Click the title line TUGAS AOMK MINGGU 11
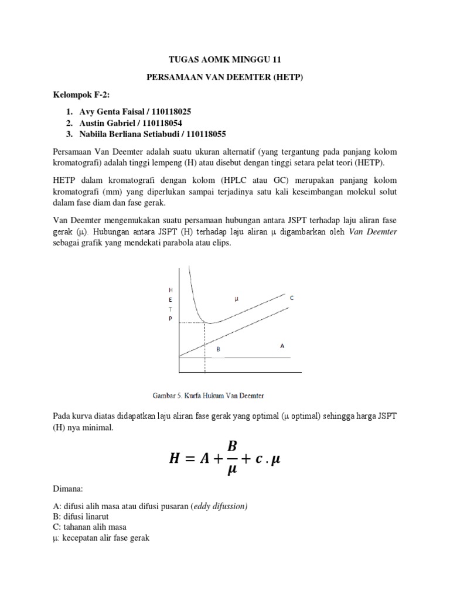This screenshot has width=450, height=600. pos(224,59)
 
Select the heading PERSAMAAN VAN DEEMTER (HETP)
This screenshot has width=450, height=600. pos(224,77)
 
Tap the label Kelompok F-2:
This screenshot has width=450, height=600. pos(75,95)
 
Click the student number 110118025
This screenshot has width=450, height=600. pos(187,111)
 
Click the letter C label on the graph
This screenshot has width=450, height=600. pos(291,298)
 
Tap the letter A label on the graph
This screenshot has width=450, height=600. pos(282,346)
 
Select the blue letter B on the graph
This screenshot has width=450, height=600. pos(218,349)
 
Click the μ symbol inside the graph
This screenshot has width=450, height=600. pos(237,299)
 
